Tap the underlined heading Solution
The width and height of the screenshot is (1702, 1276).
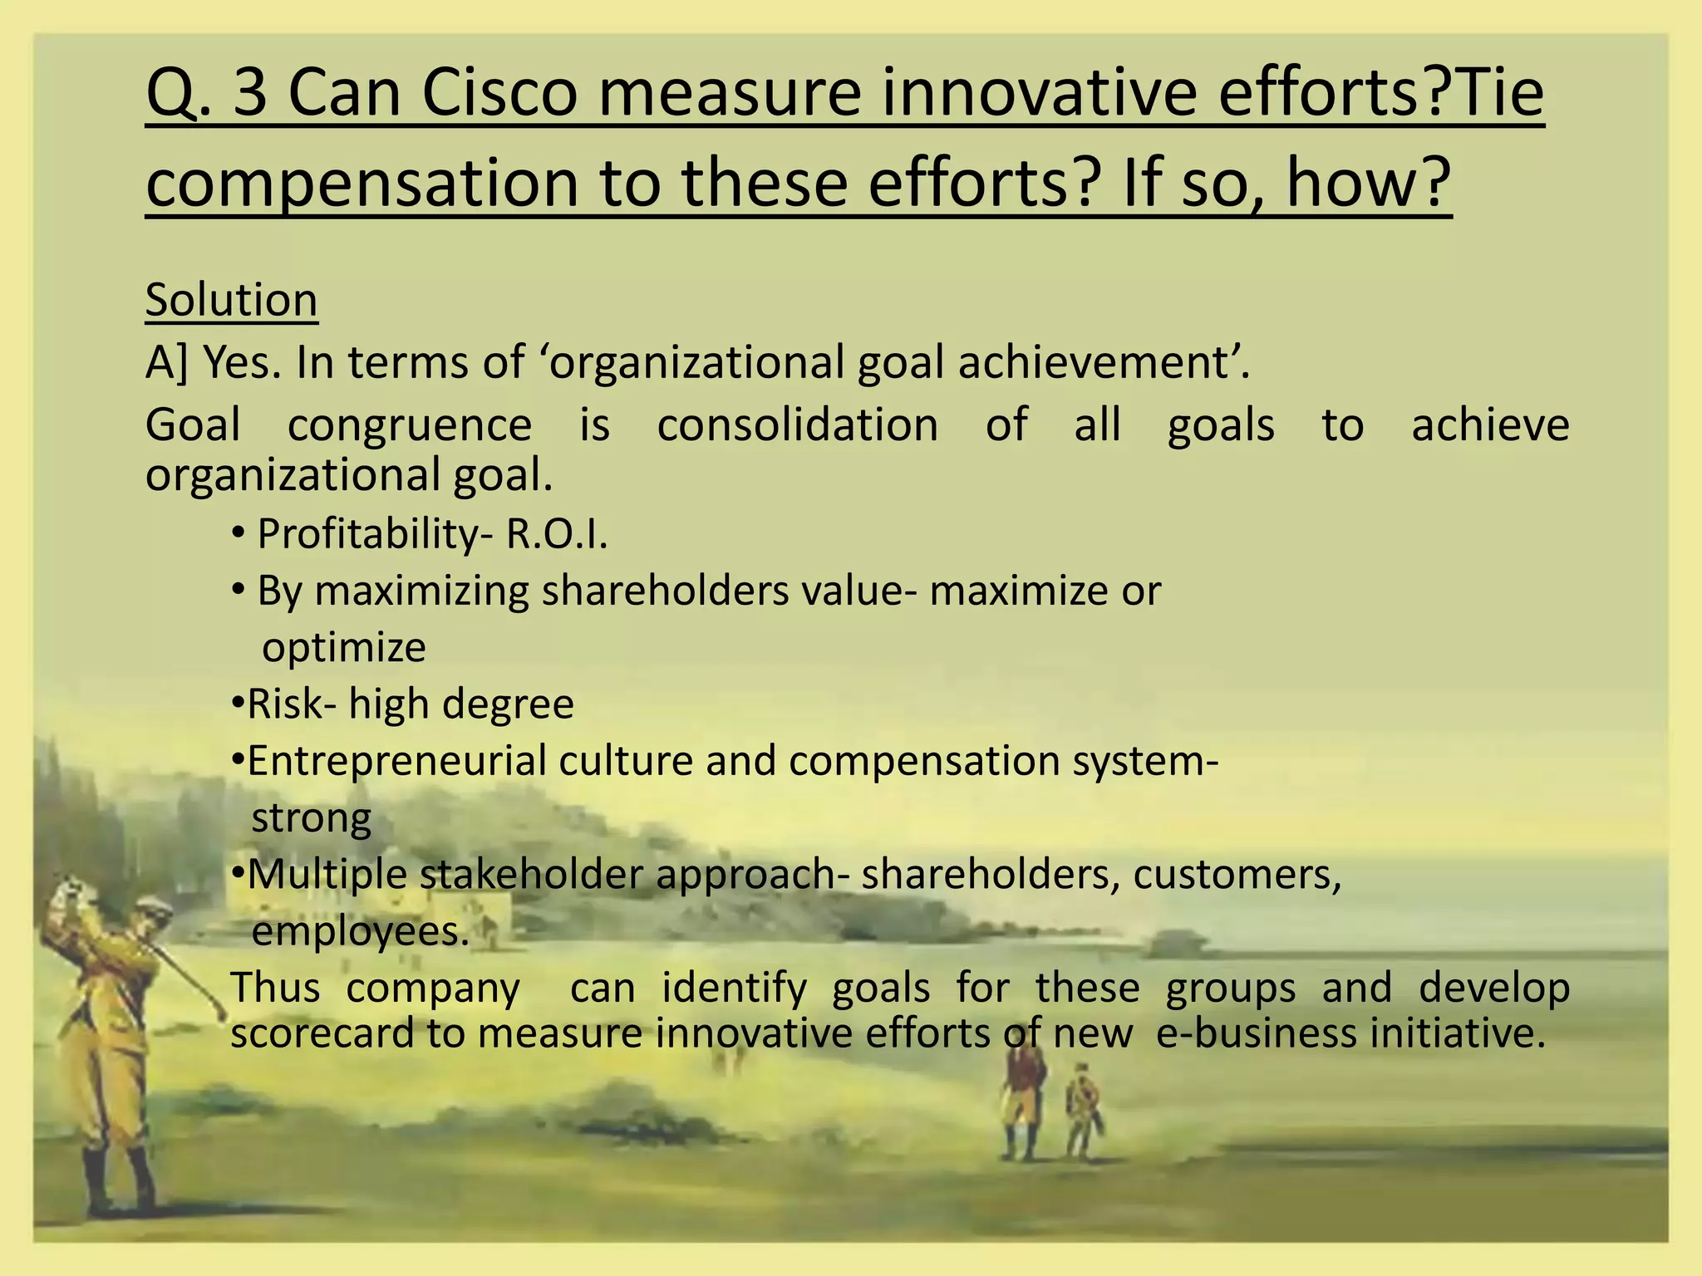click(231, 300)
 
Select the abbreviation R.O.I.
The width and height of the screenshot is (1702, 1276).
click(557, 533)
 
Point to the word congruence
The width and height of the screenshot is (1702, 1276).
click(409, 426)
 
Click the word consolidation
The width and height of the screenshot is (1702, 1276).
click(797, 425)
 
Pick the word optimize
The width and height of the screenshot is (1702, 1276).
click(343, 647)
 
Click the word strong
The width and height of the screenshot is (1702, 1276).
click(311, 818)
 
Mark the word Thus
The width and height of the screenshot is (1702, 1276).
click(274, 989)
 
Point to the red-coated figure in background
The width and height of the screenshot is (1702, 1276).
click(1021, 1097)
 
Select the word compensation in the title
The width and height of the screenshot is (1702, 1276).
click(362, 184)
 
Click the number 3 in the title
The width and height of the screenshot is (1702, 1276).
click(249, 94)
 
